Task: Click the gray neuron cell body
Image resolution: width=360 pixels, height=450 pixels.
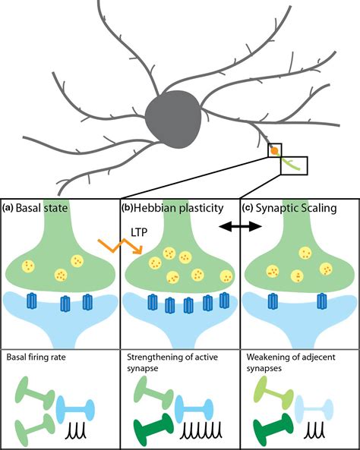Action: (173, 119)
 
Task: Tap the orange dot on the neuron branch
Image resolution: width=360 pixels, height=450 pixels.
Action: (275, 150)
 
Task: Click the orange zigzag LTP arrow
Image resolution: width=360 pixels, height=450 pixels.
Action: (120, 246)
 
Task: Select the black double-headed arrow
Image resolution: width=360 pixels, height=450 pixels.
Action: (240, 227)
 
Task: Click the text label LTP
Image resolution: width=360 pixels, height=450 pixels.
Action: (139, 232)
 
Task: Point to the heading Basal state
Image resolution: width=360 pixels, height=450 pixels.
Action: (42, 207)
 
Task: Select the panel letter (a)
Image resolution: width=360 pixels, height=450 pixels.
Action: (8, 208)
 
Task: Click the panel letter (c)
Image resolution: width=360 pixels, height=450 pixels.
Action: (248, 208)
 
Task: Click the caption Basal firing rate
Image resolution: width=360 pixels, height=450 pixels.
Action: (36, 357)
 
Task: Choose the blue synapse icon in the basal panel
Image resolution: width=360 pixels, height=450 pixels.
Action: (75, 410)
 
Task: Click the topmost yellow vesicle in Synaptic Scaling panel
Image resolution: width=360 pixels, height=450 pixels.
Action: (305, 253)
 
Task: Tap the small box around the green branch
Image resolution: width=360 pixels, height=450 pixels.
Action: (294, 165)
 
